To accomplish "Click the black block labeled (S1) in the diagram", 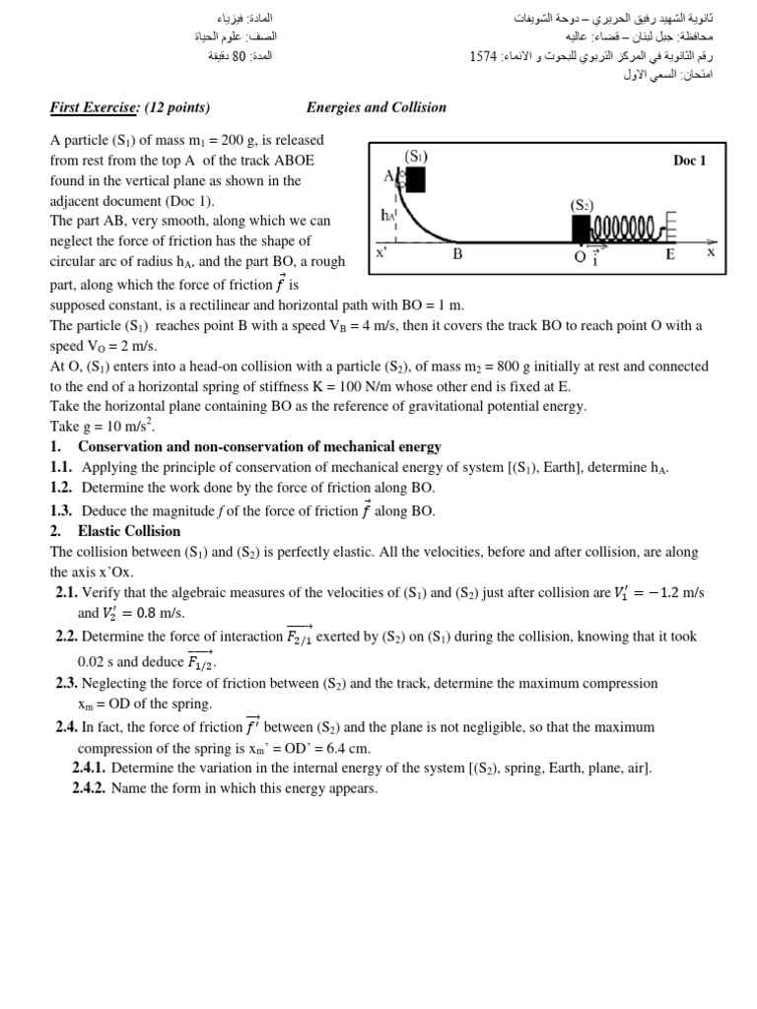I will pyautogui.click(x=415, y=178).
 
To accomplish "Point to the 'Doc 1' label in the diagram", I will pyautogui.click(x=689, y=161).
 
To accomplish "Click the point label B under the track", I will pyautogui.click(x=457, y=254).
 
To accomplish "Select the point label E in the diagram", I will pyautogui.click(x=669, y=255).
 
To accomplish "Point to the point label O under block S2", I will pyautogui.click(x=580, y=256).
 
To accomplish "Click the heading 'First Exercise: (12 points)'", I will pyautogui.click(x=130, y=107).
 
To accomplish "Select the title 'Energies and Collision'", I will pyautogui.click(x=376, y=107).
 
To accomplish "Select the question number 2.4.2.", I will pyautogui.click(x=89, y=788).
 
